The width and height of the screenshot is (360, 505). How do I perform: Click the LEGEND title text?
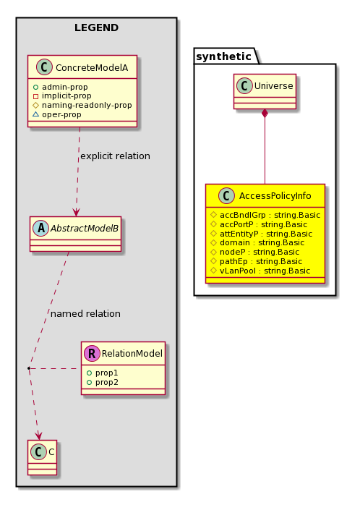coord(97,27)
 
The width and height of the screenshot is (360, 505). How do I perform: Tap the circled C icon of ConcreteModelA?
coord(44,67)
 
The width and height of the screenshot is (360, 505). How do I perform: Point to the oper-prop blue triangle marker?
coord(35,114)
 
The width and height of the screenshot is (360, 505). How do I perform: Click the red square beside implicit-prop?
coord(35,96)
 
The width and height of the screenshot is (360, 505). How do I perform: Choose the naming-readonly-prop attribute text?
coord(87,105)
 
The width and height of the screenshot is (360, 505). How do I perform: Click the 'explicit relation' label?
coord(115,156)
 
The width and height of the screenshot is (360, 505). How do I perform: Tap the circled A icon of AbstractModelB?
coord(41,229)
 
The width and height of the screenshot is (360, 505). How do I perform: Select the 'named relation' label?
coord(85,313)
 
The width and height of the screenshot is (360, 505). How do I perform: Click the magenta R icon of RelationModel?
coord(92,353)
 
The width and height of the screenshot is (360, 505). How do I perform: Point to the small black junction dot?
coord(29,368)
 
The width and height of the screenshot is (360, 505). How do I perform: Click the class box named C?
coord(42,457)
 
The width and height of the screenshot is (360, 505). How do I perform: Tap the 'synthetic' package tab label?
coord(223,56)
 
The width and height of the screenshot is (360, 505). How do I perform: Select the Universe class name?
coord(273,85)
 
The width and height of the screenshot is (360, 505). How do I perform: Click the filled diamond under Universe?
coord(265,114)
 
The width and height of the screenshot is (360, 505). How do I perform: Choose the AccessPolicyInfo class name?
coord(275,195)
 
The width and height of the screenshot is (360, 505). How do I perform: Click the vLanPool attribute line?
coord(260,271)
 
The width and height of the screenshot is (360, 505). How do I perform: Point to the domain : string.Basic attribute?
coord(257,242)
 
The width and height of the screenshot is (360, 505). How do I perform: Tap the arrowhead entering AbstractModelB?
coord(76,212)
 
